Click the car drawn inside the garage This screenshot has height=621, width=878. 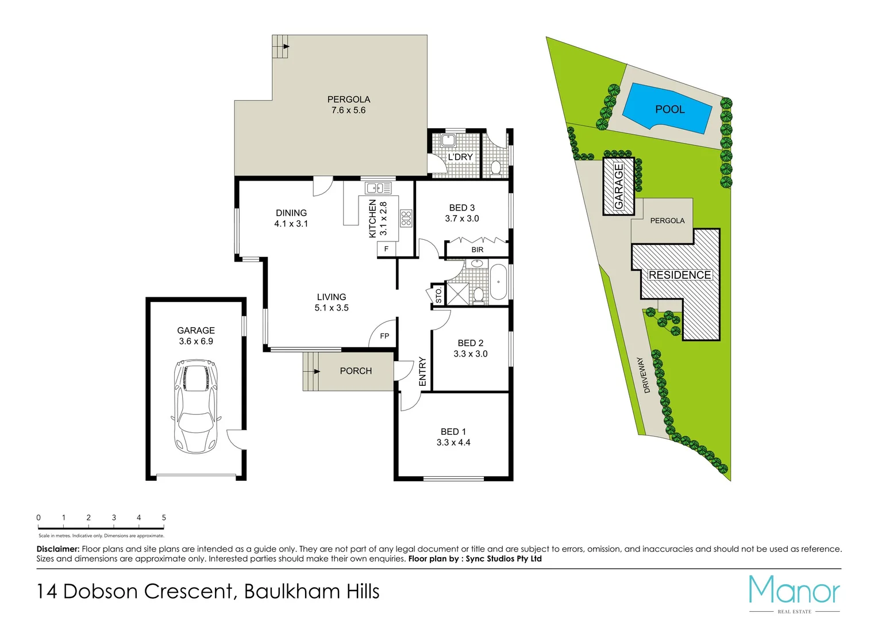coord(195,406)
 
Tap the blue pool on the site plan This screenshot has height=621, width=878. coord(668,109)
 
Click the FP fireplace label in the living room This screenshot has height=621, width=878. coord(384,336)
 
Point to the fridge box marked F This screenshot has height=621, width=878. coord(386,249)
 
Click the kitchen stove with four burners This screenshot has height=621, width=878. coord(406,218)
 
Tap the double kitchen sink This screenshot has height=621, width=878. coord(378,187)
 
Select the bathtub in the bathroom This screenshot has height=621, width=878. coord(498,282)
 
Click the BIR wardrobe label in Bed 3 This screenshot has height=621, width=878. coord(477,250)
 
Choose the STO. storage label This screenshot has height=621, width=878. coord(438,295)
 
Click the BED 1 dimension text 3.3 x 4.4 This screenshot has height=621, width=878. coord(453,442)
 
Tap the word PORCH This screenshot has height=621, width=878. coord(356,371)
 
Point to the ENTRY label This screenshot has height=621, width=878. coord(422,371)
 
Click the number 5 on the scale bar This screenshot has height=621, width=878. coord(164,517)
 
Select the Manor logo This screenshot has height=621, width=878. coord(794,592)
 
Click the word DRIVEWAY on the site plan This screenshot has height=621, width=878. coord(644,375)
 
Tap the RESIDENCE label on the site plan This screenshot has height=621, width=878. coord(680,275)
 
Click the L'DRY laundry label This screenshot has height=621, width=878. coord(460,157)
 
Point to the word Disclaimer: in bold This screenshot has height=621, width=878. coord(58,549)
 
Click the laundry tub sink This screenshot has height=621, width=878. coord(448,140)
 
